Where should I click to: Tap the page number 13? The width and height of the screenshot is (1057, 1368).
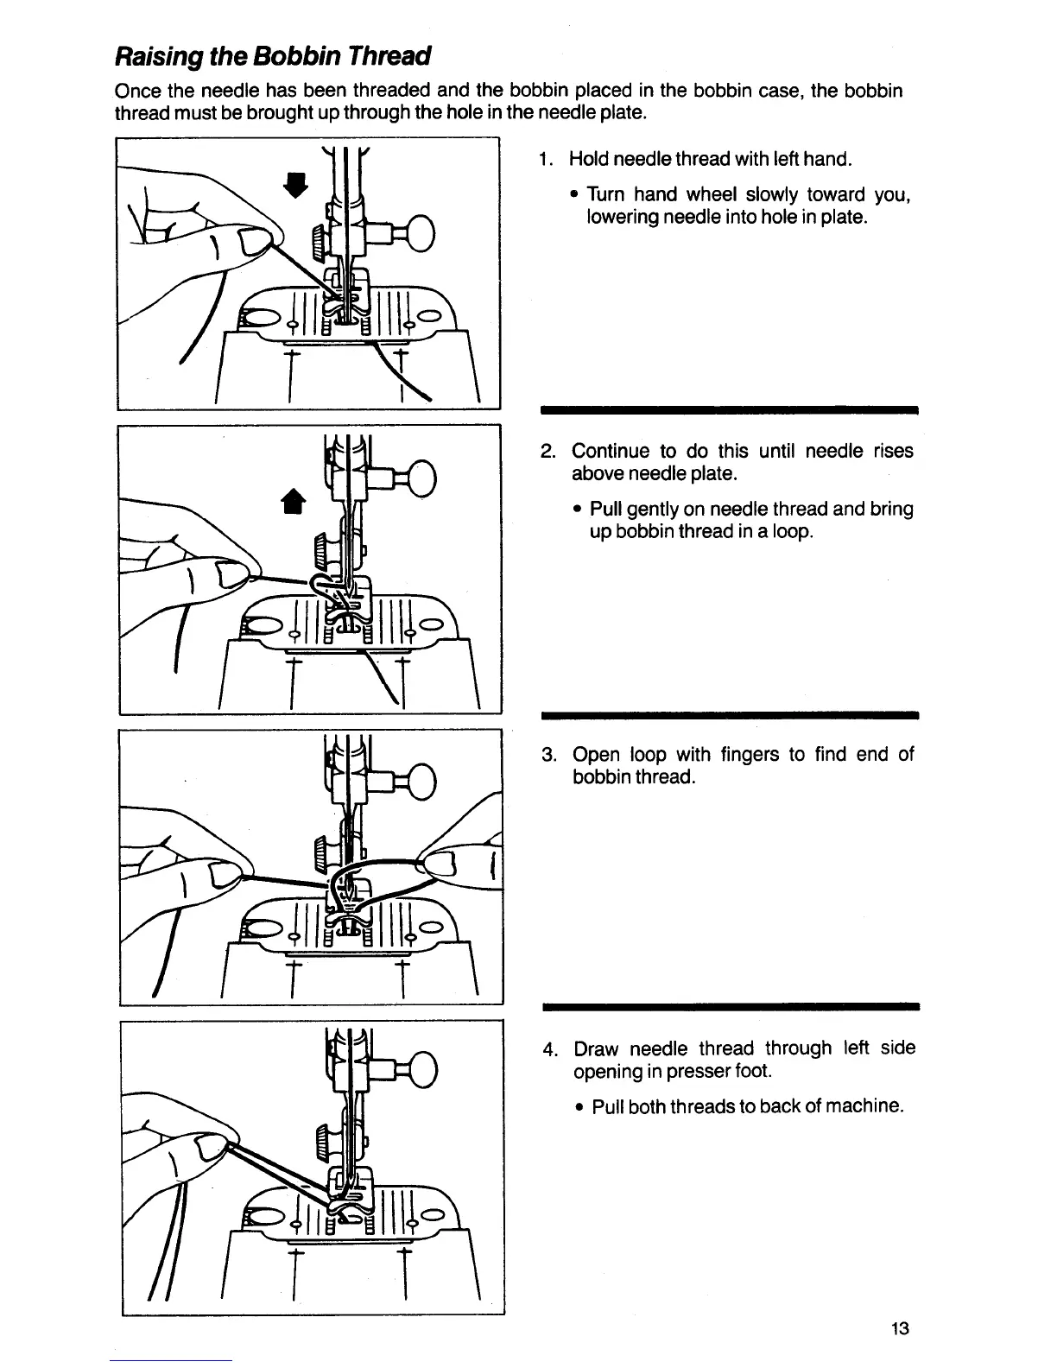pos(899,1329)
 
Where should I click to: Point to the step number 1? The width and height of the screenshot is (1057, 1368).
pos(542,160)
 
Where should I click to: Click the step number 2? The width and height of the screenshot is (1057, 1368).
pos(547,452)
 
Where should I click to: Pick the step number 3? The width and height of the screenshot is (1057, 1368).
pos(547,755)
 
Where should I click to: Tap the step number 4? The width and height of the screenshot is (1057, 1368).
pos(547,1049)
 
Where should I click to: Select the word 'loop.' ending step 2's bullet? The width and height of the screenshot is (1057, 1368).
pos(792,532)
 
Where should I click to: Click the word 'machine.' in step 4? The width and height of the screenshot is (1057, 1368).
pos(863,1107)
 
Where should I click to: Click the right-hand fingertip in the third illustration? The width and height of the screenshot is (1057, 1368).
pos(442,864)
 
